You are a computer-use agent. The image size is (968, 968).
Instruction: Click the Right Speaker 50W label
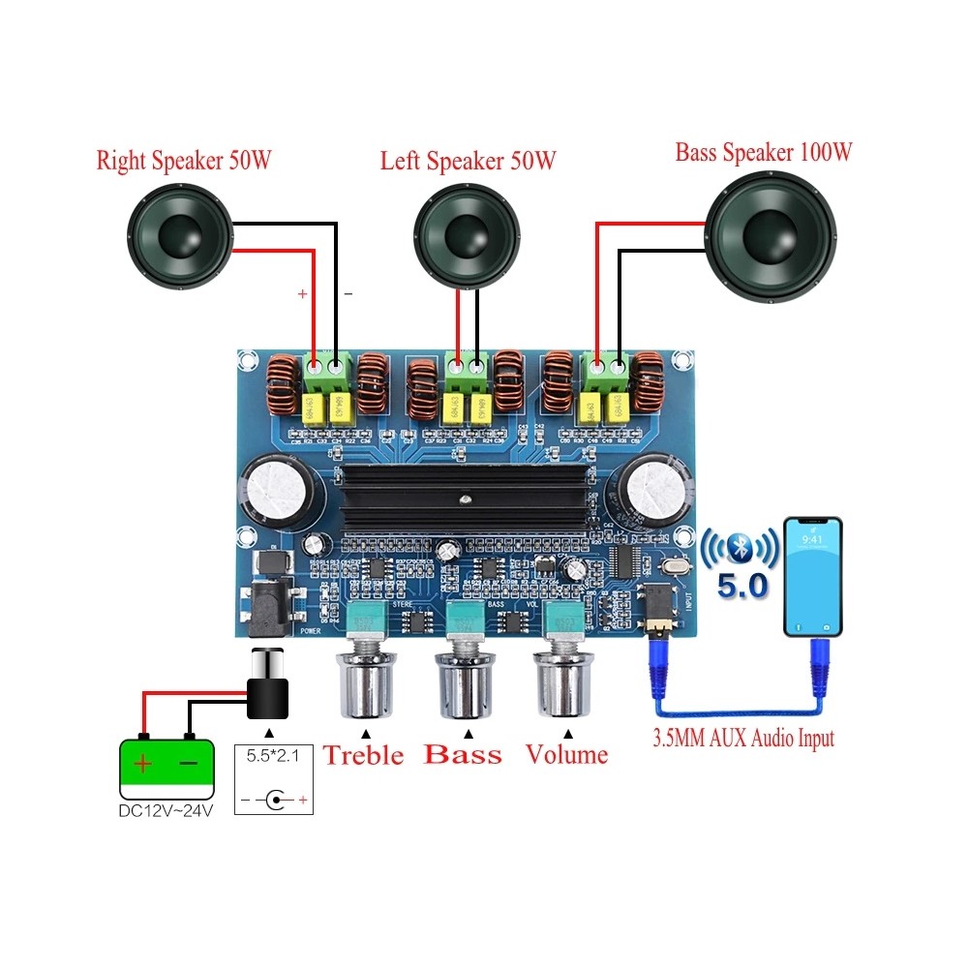pyautogui.click(x=183, y=160)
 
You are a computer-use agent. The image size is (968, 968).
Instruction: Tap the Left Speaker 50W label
pyautogui.click(x=468, y=160)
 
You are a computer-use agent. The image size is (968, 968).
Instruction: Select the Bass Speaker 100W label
pyautogui.click(x=764, y=152)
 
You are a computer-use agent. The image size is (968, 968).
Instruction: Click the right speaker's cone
pyautogui.click(x=179, y=236)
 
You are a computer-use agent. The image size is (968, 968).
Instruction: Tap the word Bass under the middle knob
pyautogui.click(x=465, y=754)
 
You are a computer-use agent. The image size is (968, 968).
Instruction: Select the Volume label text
pyautogui.click(x=567, y=754)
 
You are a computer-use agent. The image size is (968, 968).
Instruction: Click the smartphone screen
pyautogui.click(x=813, y=575)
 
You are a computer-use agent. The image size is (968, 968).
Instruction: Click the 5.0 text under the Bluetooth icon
pyautogui.click(x=742, y=586)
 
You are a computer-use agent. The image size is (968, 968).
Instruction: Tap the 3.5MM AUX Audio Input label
pyautogui.click(x=743, y=739)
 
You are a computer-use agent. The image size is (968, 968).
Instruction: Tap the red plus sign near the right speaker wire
pyautogui.click(x=302, y=292)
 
